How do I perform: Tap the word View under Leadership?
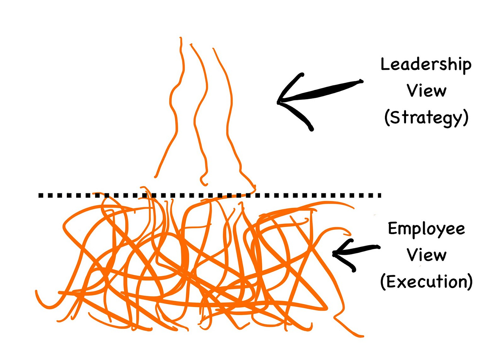click(426, 91)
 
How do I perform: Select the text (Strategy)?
click(426, 118)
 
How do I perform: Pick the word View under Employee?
click(426, 255)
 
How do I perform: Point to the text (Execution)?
click(426, 282)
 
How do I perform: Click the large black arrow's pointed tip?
click(278, 102)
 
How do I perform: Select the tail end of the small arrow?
click(379, 247)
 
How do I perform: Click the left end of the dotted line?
click(40, 195)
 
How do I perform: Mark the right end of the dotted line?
click(379, 195)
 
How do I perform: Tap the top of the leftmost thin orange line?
click(180, 38)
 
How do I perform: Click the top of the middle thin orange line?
click(191, 44)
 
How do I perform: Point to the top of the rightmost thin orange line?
click(213, 49)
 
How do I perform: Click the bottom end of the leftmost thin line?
click(155, 177)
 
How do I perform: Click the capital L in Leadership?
click(384, 64)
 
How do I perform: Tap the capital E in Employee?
click(392, 229)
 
